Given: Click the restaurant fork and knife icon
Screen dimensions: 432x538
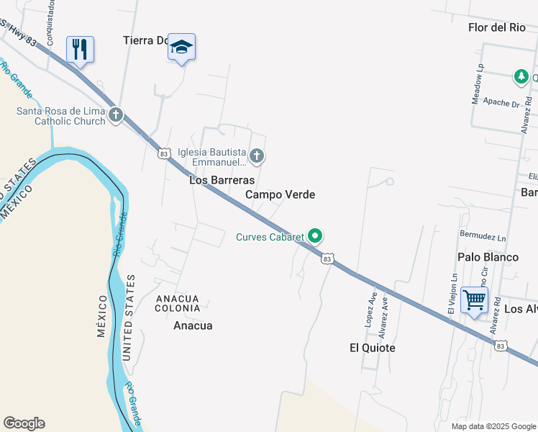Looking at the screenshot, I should (80, 50).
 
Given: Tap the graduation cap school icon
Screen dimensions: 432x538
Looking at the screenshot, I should (181, 48).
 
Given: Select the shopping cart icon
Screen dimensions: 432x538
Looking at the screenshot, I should (475, 299).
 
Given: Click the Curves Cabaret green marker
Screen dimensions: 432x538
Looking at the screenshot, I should (315, 235).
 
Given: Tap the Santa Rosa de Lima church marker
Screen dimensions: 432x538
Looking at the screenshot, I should (116, 114).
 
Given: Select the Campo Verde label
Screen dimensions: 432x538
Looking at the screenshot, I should (280, 194).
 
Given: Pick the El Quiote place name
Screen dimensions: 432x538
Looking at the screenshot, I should (373, 348).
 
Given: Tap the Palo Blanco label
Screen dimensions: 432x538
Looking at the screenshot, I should (488, 257).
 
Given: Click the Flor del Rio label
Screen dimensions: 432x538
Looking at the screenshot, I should (497, 28).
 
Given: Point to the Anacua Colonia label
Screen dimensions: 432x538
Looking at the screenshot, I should (178, 302).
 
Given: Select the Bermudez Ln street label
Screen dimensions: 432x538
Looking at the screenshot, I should (483, 236).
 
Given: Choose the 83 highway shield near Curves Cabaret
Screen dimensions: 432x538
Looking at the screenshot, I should (328, 258).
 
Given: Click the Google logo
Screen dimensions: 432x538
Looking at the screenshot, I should (24, 423).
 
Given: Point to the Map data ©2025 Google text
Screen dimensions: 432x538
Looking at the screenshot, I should (493, 426).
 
